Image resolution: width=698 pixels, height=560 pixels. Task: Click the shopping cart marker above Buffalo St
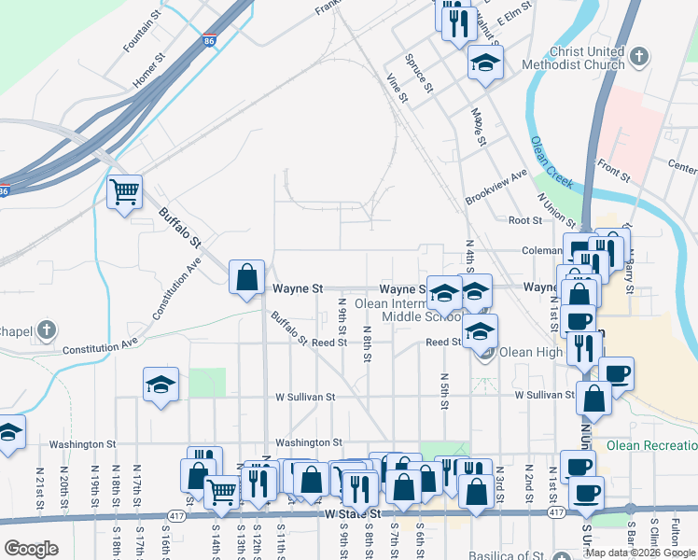[124, 193]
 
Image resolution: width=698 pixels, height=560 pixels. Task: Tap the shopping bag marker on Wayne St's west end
[246, 277]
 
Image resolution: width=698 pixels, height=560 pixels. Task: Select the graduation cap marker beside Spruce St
[484, 63]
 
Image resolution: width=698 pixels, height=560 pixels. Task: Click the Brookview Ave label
[496, 188]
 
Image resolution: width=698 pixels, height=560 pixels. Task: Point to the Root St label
[525, 220]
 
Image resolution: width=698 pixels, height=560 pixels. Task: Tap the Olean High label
[530, 352]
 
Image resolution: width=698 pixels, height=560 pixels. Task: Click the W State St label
[353, 513]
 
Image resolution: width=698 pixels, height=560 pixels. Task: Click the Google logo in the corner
[31, 548]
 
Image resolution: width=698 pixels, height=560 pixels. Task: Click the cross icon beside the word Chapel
[48, 331]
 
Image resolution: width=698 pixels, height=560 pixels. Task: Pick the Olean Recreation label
[651, 445]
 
